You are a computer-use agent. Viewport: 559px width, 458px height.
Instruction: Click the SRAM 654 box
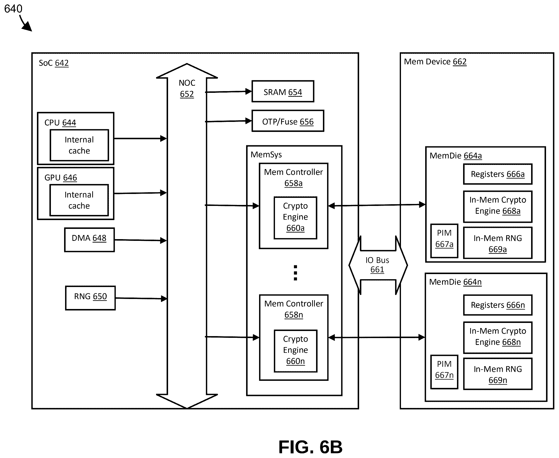(x=283, y=91)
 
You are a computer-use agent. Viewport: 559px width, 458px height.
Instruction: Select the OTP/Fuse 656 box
(x=288, y=121)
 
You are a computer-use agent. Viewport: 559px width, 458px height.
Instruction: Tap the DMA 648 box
(x=89, y=240)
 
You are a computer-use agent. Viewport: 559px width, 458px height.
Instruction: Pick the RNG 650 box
(x=90, y=298)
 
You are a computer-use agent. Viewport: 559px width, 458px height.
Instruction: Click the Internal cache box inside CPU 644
(x=79, y=145)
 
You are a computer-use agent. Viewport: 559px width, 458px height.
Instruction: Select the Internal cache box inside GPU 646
(x=79, y=200)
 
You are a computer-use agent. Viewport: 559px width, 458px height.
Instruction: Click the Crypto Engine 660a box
(x=295, y=218)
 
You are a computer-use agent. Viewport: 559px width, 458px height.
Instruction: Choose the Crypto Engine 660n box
(x=296, y=351)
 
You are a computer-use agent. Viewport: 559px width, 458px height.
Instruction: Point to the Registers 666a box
(x=498, y=174)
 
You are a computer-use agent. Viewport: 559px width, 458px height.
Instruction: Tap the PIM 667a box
(x=444, y=241)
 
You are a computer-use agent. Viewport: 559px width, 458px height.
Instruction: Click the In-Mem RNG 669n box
(x=498, y=374)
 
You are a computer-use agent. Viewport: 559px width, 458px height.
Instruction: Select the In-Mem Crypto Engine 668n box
(x=498, y=338)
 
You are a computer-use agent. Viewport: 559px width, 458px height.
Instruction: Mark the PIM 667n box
(x=444, y=372)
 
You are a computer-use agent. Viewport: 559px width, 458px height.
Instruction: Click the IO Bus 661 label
(x=377, y=265)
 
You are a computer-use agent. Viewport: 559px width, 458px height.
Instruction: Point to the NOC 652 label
(x=187, y=88)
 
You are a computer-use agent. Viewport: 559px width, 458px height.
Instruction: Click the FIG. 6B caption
(x=310, y=447)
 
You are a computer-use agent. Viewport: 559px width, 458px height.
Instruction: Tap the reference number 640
(x=13, y=9)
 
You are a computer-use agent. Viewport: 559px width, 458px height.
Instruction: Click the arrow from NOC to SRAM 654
(x=228, y=92)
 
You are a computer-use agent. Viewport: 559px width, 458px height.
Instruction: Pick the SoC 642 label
(x=54, y=63)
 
